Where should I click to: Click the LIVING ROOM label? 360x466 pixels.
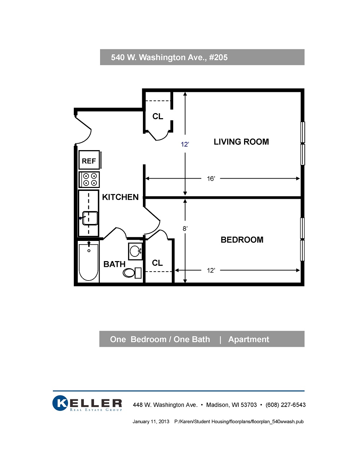241,142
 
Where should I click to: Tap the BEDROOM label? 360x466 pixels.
242,240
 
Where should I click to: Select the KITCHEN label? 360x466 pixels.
120,197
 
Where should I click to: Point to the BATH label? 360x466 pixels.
114,264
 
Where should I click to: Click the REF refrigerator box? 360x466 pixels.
89,160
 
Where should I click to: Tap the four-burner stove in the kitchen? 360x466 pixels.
89,179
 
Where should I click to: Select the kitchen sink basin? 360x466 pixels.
90,218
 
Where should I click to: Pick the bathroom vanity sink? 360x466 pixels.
135,251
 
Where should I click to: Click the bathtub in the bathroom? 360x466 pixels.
89,262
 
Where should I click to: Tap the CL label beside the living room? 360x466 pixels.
158,116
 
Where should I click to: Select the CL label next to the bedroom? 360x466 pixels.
157,263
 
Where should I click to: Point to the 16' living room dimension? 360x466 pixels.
211,179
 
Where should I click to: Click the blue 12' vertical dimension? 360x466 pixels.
185,144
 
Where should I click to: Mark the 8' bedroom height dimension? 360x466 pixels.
185,229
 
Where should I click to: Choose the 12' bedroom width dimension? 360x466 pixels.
211,270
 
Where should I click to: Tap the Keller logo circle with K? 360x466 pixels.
60,403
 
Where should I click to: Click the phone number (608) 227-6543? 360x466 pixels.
285,405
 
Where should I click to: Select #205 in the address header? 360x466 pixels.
218,57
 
